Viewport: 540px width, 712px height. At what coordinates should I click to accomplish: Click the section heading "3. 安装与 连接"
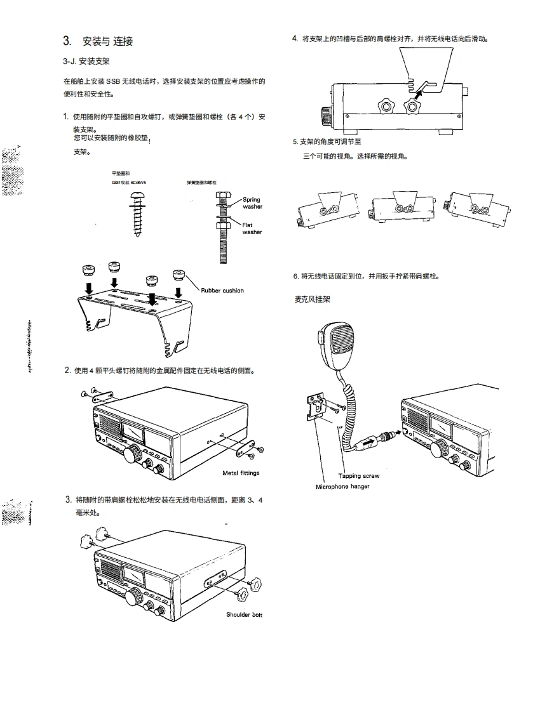pyautogui.click(x=98, y=42)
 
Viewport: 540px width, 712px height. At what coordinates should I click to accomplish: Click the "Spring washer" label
pyautogui.click(x=252, y=203)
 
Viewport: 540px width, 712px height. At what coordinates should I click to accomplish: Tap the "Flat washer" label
pyautogui.click(x=252, y=228)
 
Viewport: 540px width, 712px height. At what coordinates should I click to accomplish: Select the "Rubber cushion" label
pyautogui.click(x=222, y=291)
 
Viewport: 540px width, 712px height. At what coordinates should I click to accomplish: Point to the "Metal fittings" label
pyautogui.click(x=241, y=473)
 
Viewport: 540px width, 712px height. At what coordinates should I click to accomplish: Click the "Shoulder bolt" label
pyautogui.click(x=244, y=614)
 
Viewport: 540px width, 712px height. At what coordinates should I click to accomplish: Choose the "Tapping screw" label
pyautogui.click(x=358, y=475)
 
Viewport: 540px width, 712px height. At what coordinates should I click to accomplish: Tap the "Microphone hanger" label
pyautogui.click(x=342, y=487)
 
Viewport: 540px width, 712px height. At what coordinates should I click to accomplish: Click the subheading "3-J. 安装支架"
pyautogui.click(x=86, y=62)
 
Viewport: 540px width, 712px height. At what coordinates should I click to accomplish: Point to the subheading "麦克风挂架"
pyautogui.click(x=313, y=299)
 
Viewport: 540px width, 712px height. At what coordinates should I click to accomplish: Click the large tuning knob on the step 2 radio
pyautogui.click(x=133, y=454)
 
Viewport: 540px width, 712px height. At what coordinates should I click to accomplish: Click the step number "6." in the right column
pyautogui.click(x=296, y=276)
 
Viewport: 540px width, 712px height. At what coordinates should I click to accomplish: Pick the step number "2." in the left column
pyautogui.click(x=67, y=370)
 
